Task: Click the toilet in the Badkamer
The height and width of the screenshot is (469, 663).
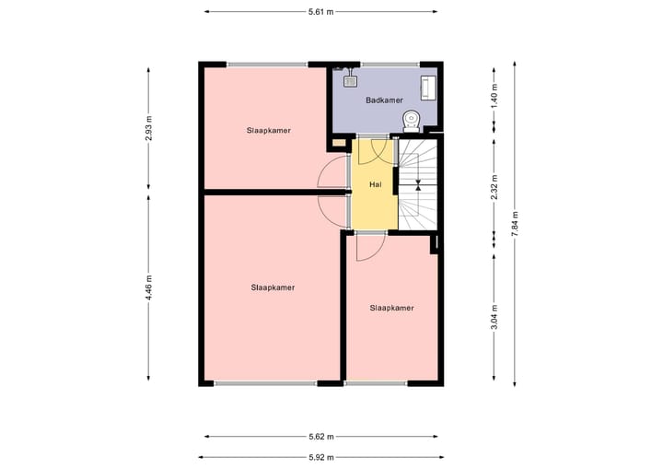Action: pos(412,119)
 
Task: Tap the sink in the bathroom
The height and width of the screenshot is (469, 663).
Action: pos(349,76)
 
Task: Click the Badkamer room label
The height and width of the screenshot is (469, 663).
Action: pos(382,100)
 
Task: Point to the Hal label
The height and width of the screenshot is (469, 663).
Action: pos(375,184)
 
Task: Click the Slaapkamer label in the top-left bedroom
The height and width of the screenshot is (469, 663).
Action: pos(269,130)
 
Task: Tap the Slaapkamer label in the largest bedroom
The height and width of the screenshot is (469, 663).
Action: pos(273,287)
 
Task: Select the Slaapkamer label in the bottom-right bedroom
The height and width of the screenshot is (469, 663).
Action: pos(391,308)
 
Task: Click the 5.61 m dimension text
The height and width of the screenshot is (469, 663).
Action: pos(320,11)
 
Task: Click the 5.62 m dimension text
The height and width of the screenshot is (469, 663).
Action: pos(320,437)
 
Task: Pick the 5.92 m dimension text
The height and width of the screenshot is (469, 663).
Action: pos(320,456)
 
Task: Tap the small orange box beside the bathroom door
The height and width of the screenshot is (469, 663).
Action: pos(338,143)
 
